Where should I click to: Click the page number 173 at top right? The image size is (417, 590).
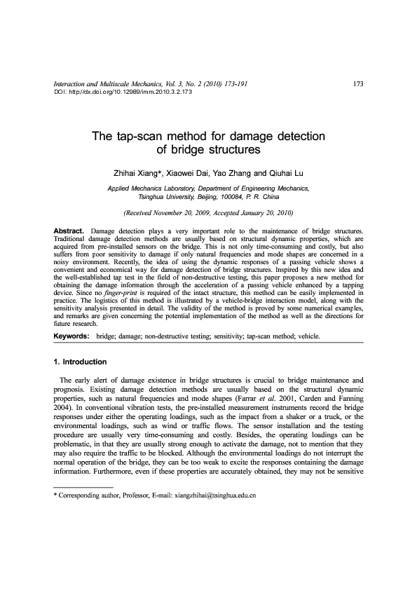(357, 84)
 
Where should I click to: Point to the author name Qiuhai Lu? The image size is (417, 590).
(287, 173)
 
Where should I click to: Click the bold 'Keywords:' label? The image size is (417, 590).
(71, 336)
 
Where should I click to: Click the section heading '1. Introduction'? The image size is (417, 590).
(81, 362)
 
